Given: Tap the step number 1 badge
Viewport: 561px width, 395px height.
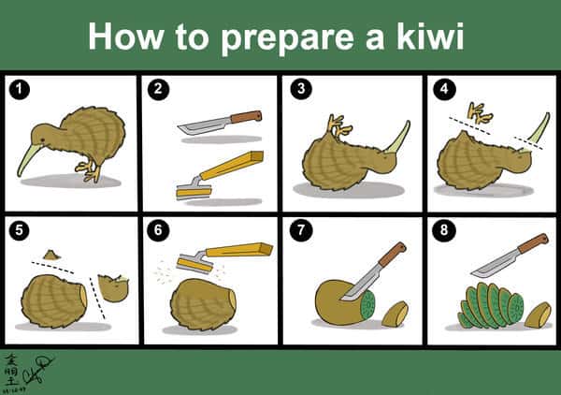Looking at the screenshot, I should point(17,90).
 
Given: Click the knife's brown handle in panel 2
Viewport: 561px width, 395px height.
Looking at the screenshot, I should point(245,117).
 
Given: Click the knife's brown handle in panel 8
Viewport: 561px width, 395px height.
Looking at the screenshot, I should point(531,244).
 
